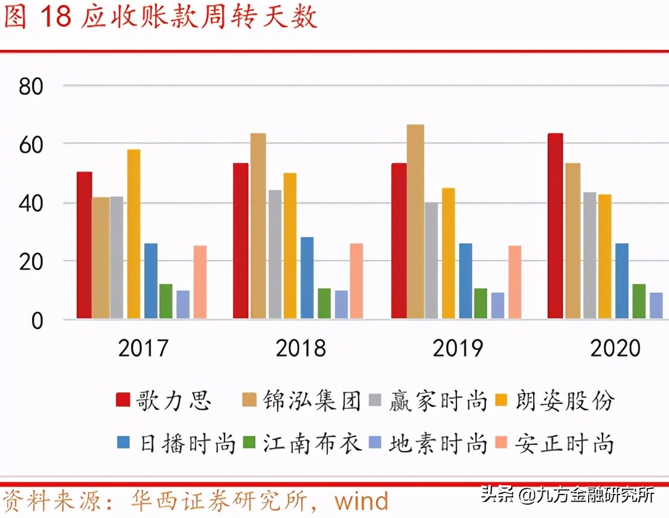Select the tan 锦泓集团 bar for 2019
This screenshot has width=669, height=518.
coord(415,222)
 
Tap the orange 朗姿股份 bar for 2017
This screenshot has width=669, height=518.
coord(133,234)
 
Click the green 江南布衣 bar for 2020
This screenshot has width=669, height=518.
coord(639,301)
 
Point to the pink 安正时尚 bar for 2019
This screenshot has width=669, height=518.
coord(514,282)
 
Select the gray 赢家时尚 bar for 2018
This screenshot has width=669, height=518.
coord(275,254)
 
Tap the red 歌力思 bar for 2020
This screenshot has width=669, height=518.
coord(555,226)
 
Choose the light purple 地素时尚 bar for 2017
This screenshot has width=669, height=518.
coord(183,304)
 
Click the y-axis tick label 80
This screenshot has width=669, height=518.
coord(31,86)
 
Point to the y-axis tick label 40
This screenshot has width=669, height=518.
coord(31,203)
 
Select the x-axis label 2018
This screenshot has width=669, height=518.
coord(301,348)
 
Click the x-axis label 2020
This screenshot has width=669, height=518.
coord(615,348)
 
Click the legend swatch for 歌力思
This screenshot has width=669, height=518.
coord(123,400)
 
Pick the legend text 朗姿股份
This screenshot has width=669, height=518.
coord(565,400)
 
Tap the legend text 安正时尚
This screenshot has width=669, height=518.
coord(565,443)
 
